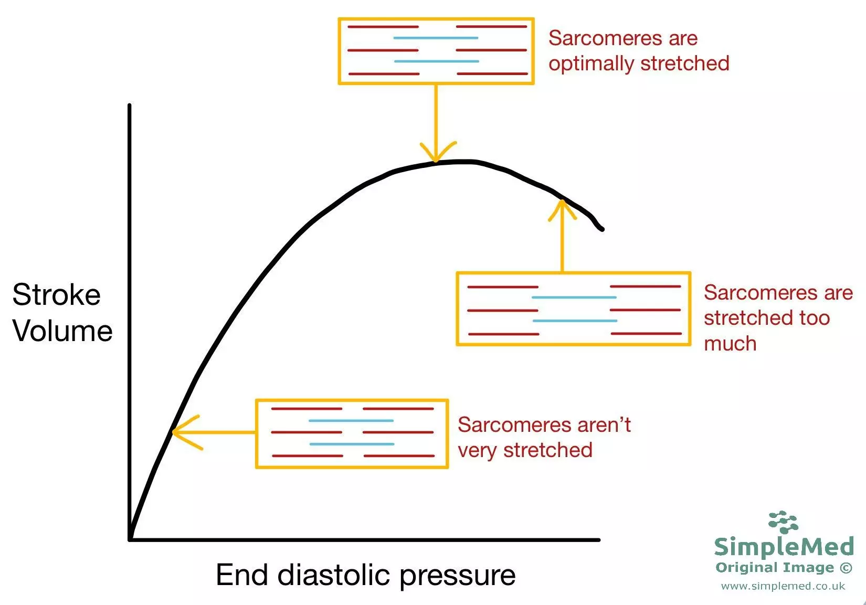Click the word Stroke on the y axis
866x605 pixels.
coord(56,295)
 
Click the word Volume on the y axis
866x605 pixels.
coord(62,332)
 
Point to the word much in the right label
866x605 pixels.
coord(730,344)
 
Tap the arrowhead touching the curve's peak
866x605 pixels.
coord(436,157)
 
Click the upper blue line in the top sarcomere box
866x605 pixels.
coord(436,38)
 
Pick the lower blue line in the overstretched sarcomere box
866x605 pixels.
coord(575,321)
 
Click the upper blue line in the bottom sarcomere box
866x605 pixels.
coord(351,421)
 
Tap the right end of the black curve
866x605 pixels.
coord(601,229)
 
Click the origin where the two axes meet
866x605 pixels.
coord(130,539)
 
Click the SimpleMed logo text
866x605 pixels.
coord(784,547)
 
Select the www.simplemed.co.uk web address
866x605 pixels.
coord(783,586)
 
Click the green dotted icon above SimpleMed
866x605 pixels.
coord(783,522)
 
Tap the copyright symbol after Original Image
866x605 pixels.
coord(846,568)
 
